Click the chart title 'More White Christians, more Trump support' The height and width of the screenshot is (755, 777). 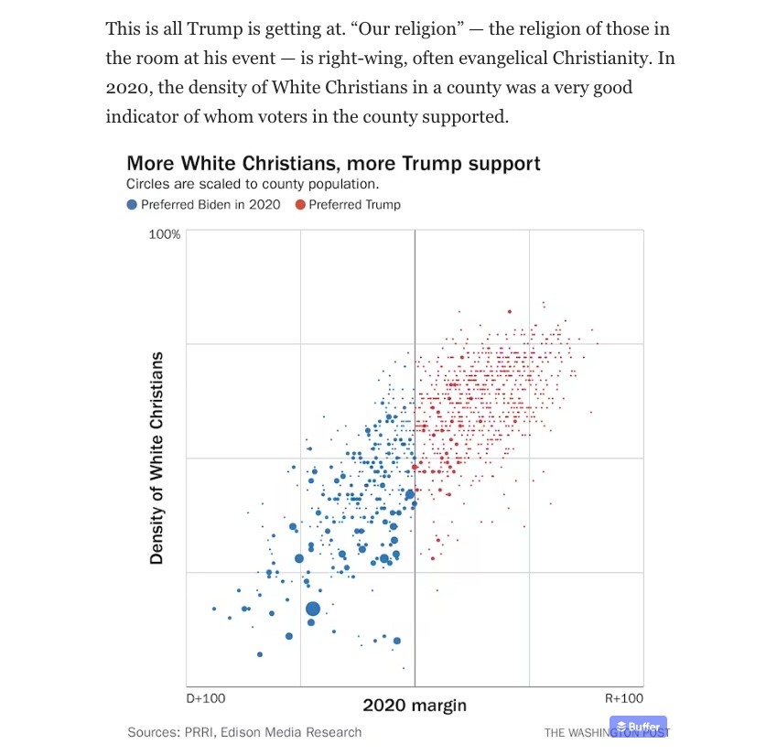[333, 164]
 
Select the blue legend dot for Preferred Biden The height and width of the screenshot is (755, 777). [132, 204]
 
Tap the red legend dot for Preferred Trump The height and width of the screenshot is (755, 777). [300, 204]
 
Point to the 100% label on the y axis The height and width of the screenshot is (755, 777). [165, 234]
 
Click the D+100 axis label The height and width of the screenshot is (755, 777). [206, 698]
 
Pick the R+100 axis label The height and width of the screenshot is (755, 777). [624, 698]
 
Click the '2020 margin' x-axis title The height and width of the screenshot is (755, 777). [415, 705]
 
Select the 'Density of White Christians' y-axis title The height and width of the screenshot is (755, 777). [156, 458]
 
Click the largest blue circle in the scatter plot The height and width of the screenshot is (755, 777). [313, 609]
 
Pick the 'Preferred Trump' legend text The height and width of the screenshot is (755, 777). [355, 204]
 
